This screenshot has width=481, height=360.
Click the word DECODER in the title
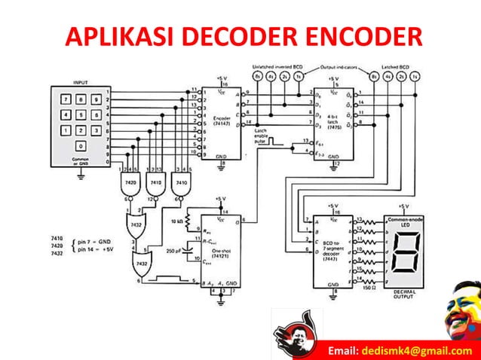click(240, 35)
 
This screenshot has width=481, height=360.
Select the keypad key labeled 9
click(95, 99)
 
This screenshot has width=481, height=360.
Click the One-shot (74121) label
click(222, 252)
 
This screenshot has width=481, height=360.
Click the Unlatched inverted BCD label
click(277, 66)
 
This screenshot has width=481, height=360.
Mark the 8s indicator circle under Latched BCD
click(373, 76)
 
